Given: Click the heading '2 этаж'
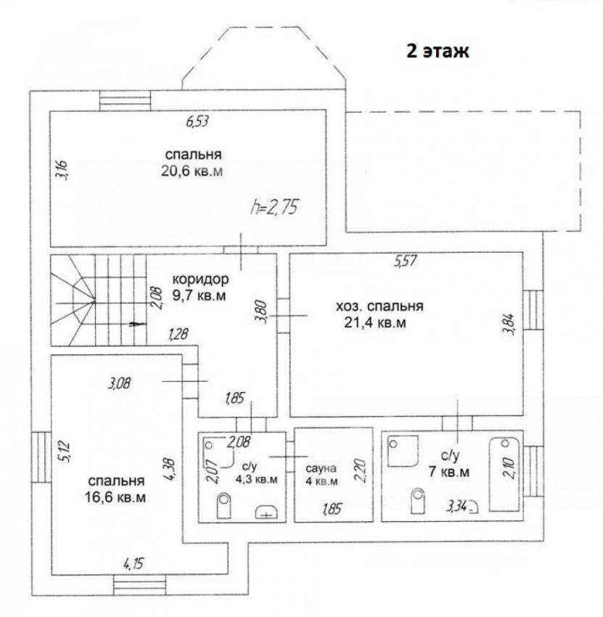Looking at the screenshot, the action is point(438,51).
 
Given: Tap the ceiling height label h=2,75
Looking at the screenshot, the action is point(275,207).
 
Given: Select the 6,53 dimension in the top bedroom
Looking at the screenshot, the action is point(197,121).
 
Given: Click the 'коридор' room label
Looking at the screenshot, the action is point(200,279).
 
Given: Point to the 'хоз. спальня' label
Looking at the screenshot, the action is point(380,306).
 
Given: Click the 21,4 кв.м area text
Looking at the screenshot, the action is point(375,323).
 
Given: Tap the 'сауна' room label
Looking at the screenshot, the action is point(321,468).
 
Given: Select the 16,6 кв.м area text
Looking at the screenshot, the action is point(115,497).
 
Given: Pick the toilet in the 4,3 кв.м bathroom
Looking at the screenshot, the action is point(223,505).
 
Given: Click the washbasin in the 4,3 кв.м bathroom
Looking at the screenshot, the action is point(267,512).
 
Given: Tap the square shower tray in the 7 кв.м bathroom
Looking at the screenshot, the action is point(403,451).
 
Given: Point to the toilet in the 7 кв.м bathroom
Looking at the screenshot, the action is point(418,501).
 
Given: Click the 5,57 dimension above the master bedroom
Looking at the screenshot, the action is point(406,261).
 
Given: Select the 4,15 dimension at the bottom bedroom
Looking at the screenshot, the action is point(134,564).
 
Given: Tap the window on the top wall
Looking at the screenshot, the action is point(125,101).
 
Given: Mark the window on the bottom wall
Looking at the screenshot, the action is point(139,585).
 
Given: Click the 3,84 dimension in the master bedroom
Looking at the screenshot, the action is point(508,324).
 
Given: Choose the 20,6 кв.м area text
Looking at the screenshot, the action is point(192,171).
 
